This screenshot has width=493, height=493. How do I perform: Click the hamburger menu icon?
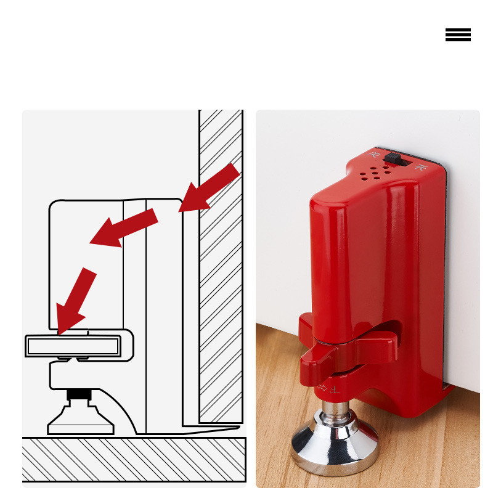(458, 35)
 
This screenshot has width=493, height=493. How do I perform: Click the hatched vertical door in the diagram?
(220, 265)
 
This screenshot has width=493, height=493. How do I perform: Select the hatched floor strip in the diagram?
(134, 459)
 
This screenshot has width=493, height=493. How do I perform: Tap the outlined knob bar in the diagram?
(74, 346)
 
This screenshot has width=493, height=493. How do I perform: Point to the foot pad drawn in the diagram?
(80, 422)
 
